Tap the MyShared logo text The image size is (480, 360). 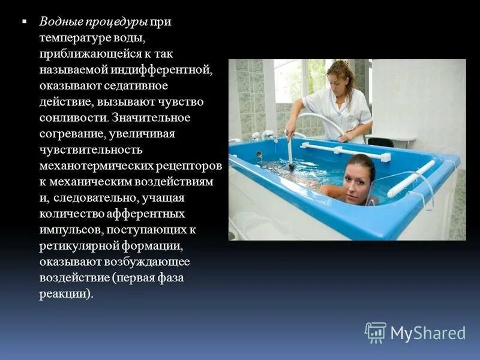(x=428, y=333)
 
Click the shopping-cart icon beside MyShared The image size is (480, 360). (x=376, y=332)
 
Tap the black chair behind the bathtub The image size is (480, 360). (x=380, y=142)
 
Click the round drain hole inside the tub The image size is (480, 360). (x=259, y=154)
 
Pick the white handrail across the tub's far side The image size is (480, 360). (x=345, y=149)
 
